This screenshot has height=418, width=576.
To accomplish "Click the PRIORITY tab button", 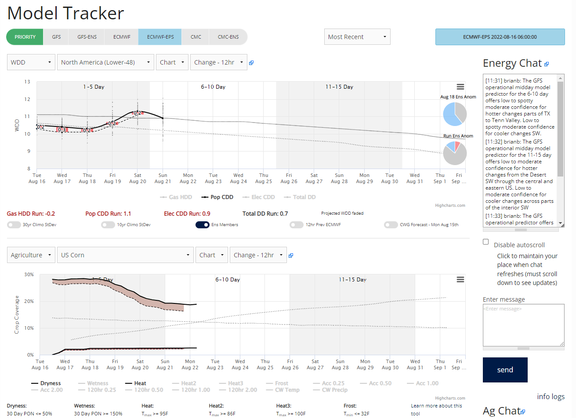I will pos(25,37).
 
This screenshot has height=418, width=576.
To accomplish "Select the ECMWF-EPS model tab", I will pos(160,37).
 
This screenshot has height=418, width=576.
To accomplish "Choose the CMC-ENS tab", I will pos(228,37).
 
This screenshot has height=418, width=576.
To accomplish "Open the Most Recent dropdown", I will pos(357,37).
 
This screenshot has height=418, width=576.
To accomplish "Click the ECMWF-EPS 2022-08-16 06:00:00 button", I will pos(500,37).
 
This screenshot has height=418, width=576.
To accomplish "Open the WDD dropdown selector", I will pos(31,62).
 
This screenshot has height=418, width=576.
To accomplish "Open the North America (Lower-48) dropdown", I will pos(105,62).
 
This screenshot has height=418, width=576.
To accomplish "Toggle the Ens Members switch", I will pos(203,225).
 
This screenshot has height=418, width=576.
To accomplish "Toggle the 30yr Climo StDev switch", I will pos(14,225).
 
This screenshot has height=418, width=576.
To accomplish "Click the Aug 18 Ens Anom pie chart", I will pos(455,114).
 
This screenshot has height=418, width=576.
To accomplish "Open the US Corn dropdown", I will pos(125,255).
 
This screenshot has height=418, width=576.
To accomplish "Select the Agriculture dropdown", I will pos(31,255).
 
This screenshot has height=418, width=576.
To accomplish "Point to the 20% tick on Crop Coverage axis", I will pos(29,301).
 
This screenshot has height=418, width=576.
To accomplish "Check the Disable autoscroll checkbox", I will pos(485,242).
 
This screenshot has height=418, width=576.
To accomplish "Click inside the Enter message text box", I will pos(523,325).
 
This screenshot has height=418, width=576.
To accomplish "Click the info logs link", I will pos(551,396).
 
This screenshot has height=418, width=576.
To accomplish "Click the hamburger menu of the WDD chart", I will pos(460,87).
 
